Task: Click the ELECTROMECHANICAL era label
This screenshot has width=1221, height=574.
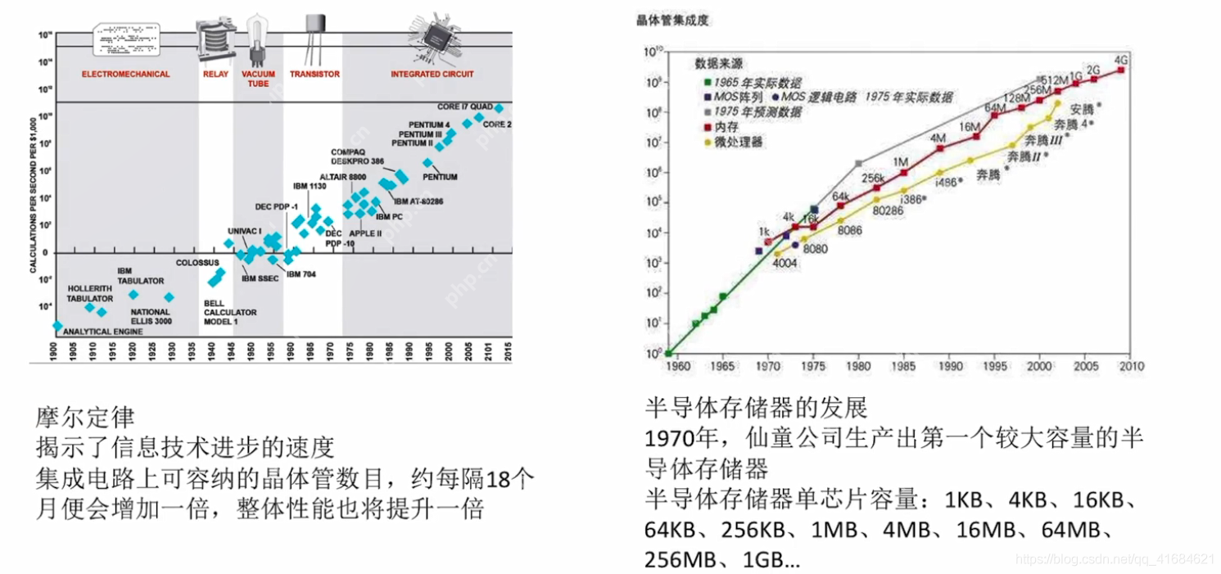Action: click(x=125, y=74)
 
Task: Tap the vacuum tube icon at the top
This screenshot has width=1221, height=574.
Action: click(x=258, y=37)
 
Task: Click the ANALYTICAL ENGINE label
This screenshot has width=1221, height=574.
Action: click(x=97, y=332)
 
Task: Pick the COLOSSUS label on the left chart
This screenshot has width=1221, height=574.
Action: click(x=197, y=263)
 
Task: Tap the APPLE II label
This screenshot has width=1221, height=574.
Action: click(x=365, y=233)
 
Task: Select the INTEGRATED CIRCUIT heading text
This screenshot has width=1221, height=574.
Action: click(x=432, y=74)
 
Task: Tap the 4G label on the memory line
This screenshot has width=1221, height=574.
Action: click(x=1122, y=60)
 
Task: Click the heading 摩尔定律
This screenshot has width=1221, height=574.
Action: click(x=84, y=418)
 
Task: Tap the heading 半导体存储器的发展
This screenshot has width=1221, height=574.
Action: click(x=756, y=405)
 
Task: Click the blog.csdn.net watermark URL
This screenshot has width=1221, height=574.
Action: click(x=1115, y=558)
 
